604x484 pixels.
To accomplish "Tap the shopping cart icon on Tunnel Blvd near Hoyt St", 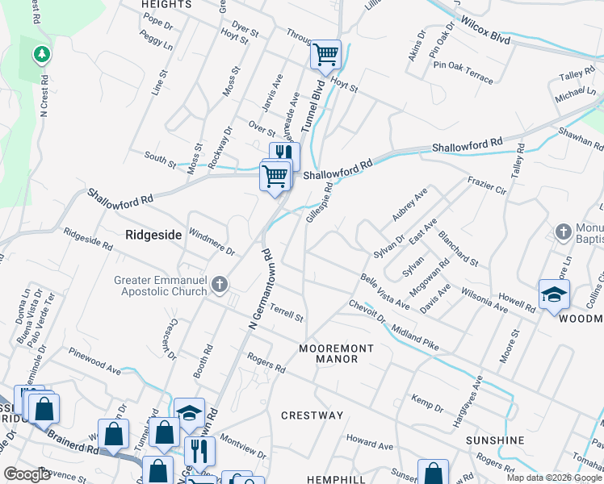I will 325,55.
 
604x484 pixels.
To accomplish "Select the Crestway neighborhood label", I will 312,415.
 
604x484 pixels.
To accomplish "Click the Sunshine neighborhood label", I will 495,440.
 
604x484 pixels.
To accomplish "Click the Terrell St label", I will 287,312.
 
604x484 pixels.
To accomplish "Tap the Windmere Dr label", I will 212,241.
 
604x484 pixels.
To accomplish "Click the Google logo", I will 26,474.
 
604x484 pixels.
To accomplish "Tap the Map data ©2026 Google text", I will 552,478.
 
